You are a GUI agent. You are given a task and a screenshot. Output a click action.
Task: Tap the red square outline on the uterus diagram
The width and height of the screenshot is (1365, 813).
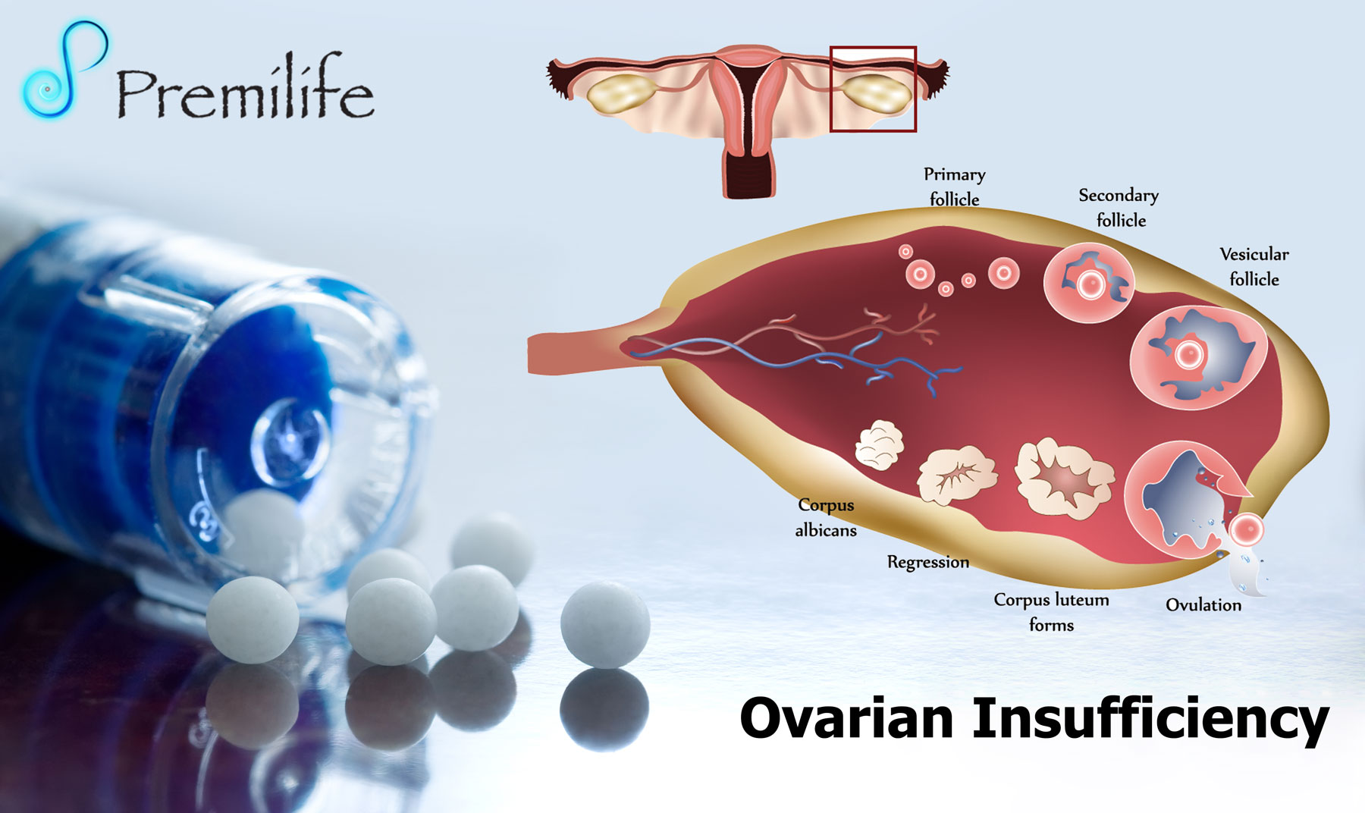(873, 48)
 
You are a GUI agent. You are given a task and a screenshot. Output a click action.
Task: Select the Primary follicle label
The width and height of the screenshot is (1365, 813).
(954, 187)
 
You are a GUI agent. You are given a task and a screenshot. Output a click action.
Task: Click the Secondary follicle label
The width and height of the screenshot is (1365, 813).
(1119, 207)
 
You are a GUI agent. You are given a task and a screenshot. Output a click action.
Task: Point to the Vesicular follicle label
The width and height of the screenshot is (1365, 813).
(1254, 266)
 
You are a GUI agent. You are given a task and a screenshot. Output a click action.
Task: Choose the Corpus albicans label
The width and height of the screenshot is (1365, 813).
(826, 517)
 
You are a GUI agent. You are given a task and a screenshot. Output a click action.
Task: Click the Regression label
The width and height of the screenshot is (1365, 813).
(928, 562)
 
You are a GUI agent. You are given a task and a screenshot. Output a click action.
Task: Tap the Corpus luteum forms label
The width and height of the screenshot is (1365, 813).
(1051, 612)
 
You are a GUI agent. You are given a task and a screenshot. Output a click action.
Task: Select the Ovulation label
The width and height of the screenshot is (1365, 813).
(1203, 604)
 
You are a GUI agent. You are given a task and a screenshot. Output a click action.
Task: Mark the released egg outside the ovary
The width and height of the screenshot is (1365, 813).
(1246, 530)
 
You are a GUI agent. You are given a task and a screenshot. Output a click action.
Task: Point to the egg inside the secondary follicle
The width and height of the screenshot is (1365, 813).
(1090, 285)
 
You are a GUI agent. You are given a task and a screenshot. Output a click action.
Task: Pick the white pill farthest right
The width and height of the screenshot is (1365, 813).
(605, 625)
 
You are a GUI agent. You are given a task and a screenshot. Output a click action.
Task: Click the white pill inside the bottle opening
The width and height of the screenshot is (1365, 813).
(265, 531)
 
